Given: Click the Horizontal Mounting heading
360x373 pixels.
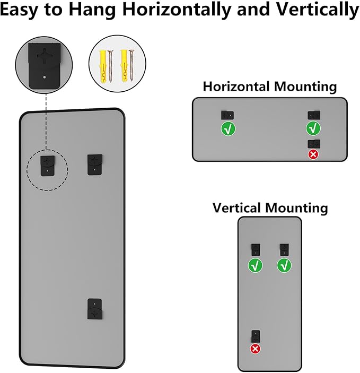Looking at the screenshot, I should pyautogui.click(x=269, y=86).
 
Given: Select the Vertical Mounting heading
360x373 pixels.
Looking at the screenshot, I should pyautogui.click(x=270, y=207).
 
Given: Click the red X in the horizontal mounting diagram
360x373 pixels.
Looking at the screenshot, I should pyautogui.click(x=313, y=154).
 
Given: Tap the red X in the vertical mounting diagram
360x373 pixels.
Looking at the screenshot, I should pyautogui.click(x=256, y=349).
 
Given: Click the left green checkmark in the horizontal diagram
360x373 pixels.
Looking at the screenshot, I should pyautogui.click(x=228, y=128).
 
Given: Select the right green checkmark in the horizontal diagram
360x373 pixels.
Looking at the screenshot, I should pyautogui.click(x=313, y=128).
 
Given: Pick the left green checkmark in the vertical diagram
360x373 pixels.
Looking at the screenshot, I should pyautogui.click(x=256, y=265).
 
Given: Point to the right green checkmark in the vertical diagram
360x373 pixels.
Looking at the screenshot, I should pyautogui.click(x=284, y=265).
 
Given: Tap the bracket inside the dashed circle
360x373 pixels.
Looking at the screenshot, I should pyautogui.click(x=48, y=166).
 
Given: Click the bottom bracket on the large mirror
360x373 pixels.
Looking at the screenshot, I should pyautogui.click(x=95, y=309).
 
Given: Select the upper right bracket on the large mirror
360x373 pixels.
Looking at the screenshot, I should pyautogui.click(x=95, y=164).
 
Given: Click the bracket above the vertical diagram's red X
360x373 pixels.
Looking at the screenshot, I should pyautogui.click(x=256, y=336).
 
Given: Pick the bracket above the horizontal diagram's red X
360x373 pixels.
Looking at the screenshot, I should pyautogui.click(x=313, y=144).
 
